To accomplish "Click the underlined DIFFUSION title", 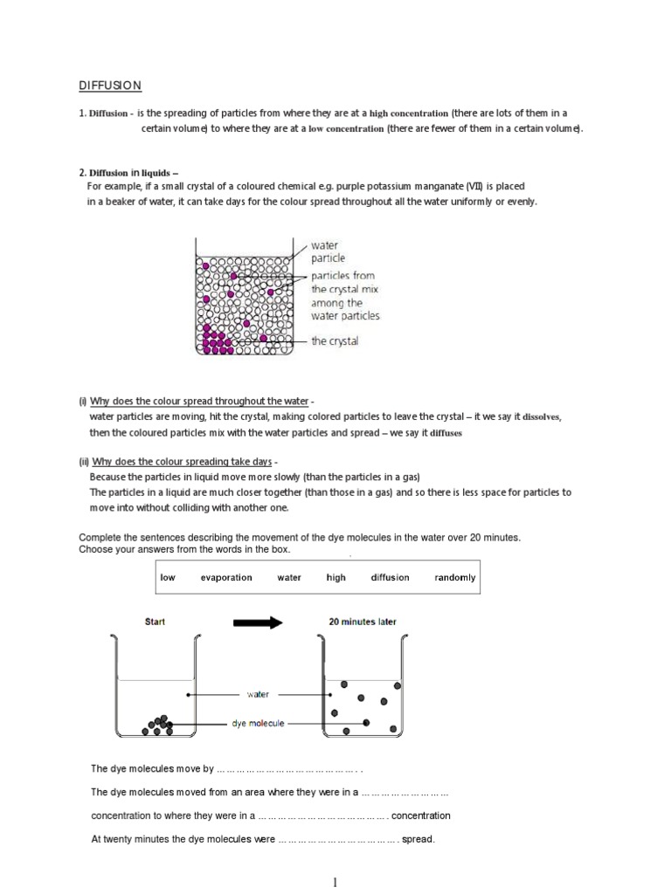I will click(110, 86).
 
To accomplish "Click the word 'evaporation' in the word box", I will click(225, 577).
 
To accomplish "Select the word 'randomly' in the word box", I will click(454, 577).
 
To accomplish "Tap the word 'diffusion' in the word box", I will click(389, 577).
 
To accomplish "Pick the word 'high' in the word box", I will click(336, 577).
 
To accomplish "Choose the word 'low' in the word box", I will click(168, 577).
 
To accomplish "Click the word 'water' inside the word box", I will click(289, 577).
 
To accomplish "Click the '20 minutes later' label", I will click(362, 622).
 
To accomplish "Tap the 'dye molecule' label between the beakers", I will click(258, 724).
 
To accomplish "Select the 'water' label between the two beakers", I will click(258, 695).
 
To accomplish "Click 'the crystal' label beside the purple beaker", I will click(335, 341).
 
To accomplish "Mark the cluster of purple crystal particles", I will click(218, 340).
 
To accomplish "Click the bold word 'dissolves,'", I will click(542, 417).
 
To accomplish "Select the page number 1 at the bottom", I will click(335, 883).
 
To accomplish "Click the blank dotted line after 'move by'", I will click(288, 769).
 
